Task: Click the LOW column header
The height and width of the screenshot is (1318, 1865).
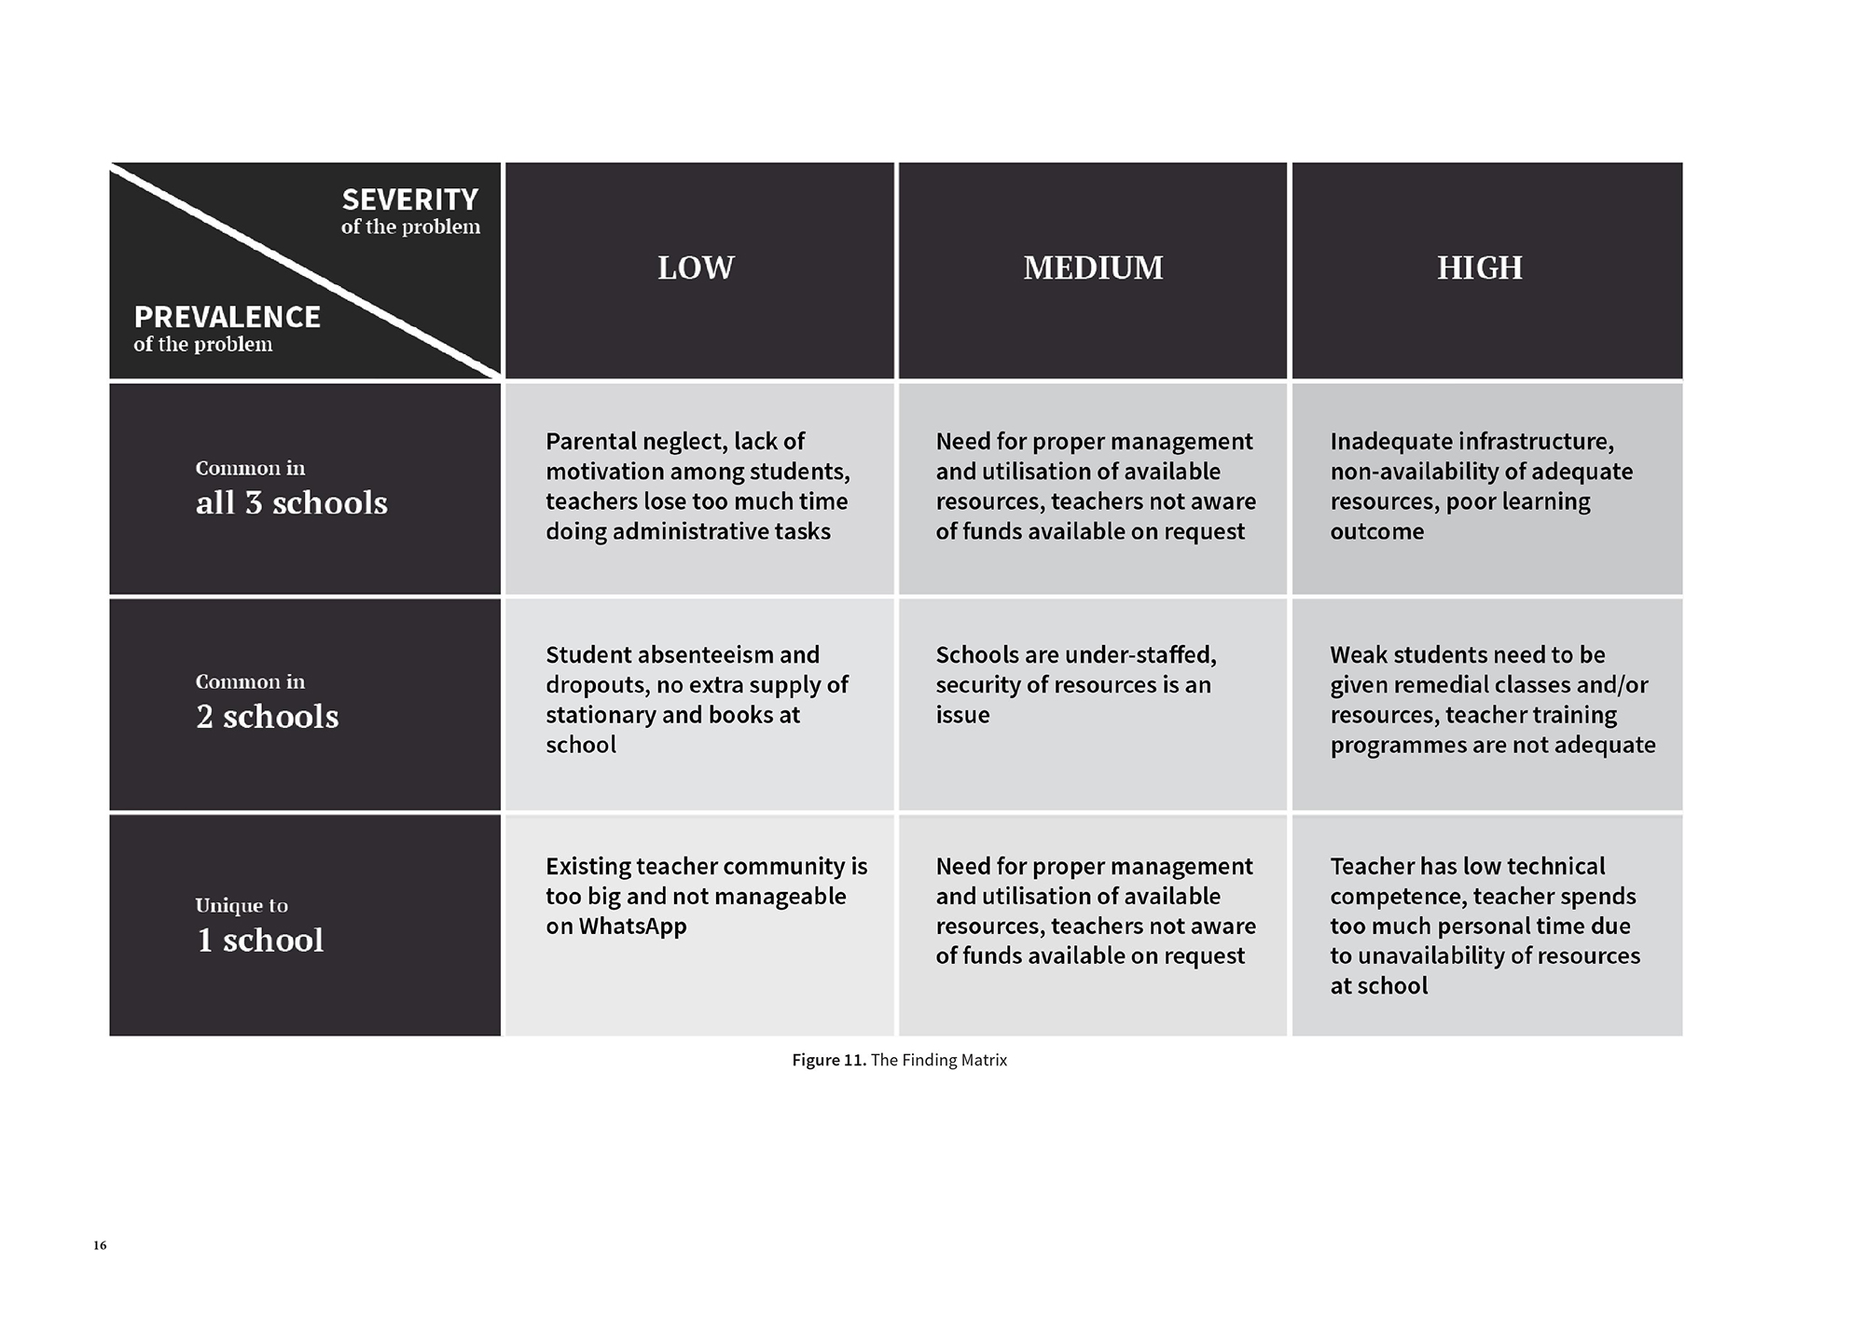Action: point(696,268)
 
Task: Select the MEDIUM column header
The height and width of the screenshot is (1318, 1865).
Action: point(1093,268)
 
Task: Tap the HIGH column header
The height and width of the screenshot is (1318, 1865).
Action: point(1479,268)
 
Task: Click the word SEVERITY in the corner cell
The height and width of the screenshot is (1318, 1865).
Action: point(409,199)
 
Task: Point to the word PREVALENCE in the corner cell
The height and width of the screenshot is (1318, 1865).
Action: point(227,317)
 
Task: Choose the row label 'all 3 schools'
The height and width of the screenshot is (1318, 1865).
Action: point(291,503)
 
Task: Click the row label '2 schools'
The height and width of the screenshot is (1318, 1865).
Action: point(267,717)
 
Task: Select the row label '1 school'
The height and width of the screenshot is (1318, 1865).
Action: point(260,940)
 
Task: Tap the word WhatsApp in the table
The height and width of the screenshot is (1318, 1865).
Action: point(632,927)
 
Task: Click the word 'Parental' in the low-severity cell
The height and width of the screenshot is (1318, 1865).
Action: point(588,441)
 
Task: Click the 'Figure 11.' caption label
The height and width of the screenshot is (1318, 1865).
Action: point(829,1060)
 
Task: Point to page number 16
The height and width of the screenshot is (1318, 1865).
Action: point(100,1245)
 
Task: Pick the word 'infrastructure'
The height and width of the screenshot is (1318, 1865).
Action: point(1536,441)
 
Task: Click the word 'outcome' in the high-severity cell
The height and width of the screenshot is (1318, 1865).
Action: point(1376,531)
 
